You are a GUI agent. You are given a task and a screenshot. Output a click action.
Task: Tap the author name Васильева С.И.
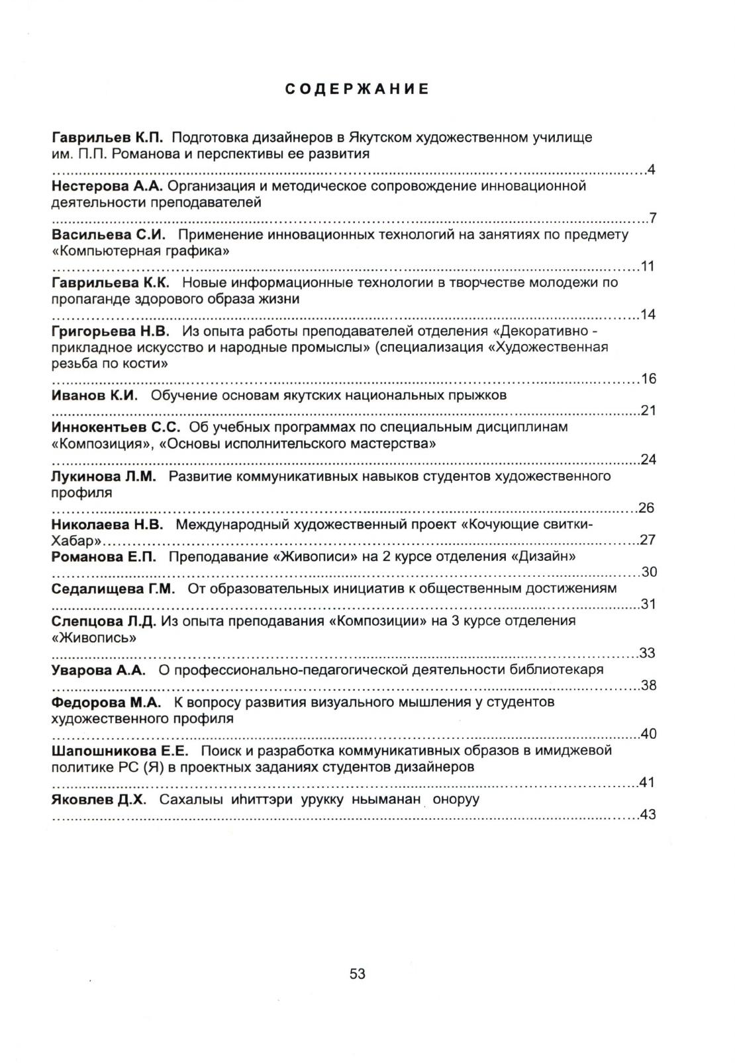[x=108, y=235]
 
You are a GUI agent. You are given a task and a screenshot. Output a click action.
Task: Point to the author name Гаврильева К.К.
[x=111, y=283]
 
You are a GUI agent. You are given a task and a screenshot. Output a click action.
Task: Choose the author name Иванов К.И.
[x=95, y=396]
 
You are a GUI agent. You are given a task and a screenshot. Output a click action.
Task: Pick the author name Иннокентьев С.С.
[x=116, y=427]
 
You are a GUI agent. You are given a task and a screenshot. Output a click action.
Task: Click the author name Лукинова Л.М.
[x=104, y=476]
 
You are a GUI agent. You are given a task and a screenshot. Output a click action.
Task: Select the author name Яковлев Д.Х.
[x=98, y=799]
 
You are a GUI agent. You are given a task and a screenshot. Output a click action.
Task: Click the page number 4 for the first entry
[x=652, y=170]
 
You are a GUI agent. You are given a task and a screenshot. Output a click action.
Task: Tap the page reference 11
[x=648, y=267]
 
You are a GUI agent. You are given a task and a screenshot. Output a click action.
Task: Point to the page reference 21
[x=648, y=411]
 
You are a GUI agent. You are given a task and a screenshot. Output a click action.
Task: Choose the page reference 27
[x=648, y=540]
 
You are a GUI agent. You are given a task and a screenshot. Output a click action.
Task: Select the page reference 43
[x=648, y=815]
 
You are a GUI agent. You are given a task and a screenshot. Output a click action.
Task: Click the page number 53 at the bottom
[x=358, y=974]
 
